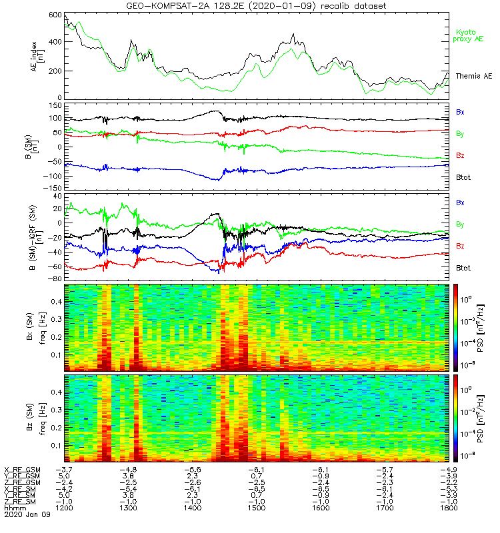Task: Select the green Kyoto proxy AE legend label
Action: pos(469,35)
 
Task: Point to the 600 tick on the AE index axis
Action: pos(54,15)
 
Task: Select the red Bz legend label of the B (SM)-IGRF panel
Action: pos(460,247)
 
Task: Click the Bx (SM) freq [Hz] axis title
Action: pos(38,326)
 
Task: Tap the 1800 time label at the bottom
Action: pos(448,508)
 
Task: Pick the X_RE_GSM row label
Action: pos(22,470)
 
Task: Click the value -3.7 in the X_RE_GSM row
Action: pos(64,470)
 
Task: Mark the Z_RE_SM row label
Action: pos(21,502)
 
